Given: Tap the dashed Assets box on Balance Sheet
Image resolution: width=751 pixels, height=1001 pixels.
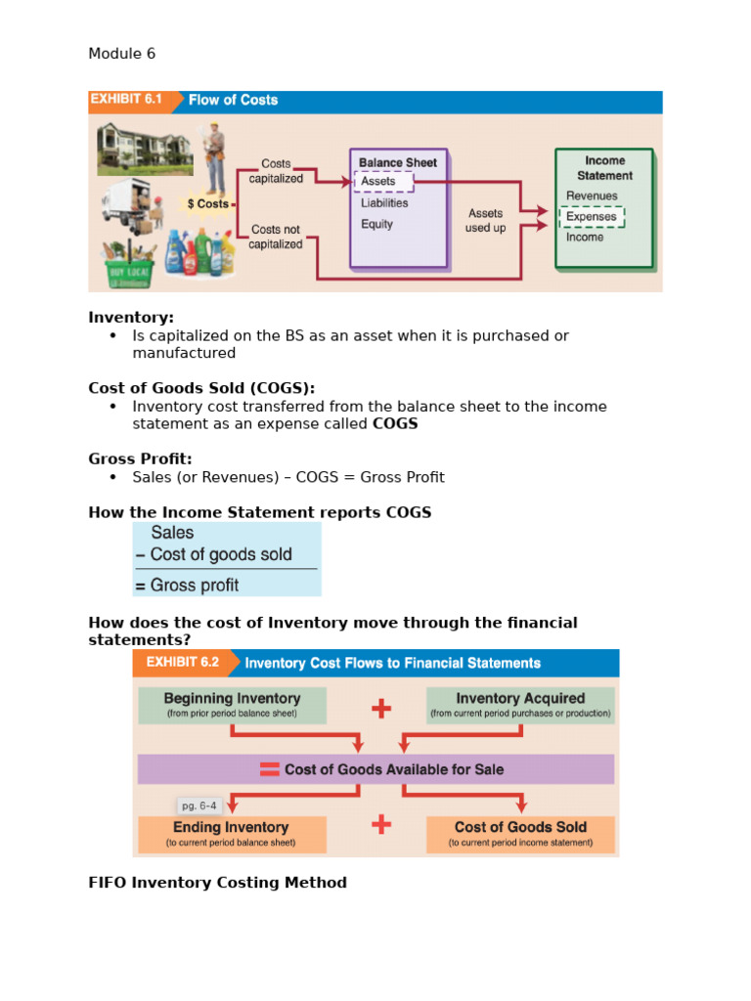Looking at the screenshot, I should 382,181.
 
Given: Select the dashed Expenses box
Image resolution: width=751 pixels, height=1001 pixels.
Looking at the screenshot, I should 591,216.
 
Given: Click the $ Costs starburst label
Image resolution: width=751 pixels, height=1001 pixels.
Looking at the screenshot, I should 207,204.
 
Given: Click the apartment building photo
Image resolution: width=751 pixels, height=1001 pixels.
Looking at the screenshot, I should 138,149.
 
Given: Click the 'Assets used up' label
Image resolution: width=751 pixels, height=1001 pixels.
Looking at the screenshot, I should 485,220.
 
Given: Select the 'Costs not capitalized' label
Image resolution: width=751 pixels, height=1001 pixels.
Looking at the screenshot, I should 275,237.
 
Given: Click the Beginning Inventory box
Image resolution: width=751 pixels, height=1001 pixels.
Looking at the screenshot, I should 232,705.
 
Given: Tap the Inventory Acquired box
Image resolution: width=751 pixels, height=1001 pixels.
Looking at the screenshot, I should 520,705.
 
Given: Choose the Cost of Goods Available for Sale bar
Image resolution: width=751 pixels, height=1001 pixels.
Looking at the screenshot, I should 376,769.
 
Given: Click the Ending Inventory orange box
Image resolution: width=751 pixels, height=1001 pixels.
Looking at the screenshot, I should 231,833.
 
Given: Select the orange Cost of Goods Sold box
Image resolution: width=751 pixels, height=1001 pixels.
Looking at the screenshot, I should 520,833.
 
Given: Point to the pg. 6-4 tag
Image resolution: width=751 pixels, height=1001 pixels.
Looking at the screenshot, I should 200,806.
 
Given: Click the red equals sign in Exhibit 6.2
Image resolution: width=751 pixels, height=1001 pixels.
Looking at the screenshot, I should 269,769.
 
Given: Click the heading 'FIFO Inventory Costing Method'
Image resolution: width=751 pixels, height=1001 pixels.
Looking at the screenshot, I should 217,883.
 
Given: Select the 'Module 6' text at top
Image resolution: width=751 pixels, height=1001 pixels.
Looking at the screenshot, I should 121,54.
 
